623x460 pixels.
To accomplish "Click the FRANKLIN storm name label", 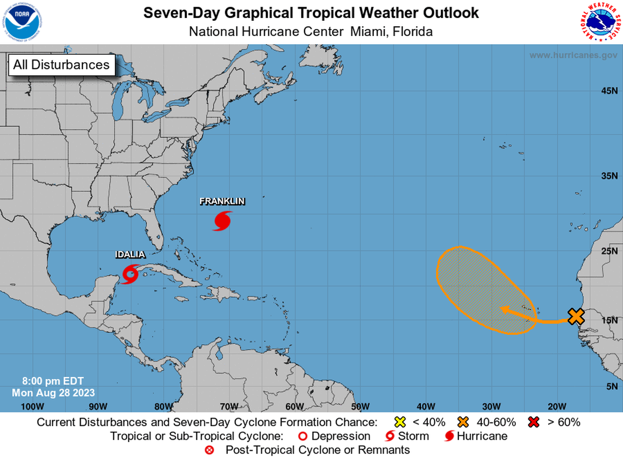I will point(222,202).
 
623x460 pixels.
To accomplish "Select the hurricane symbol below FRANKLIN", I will point(222,220).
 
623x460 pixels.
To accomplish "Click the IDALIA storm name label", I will point(130,255).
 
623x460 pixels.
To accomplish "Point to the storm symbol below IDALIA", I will point(130,273).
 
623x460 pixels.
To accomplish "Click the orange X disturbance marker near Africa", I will point(576,316).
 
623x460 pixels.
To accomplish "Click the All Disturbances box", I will point(61,64).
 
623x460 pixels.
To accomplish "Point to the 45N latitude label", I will point(609,91).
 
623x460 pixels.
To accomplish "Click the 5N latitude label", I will point(612,386).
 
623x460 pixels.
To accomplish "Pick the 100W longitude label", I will point(32,406).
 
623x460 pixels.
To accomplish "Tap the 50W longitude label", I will point(360,406).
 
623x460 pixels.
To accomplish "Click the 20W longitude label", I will point(556,406).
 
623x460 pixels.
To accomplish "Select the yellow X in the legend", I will point(400,422).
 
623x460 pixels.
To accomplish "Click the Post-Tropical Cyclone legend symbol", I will point(209,451).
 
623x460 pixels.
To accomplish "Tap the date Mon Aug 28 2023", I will point(53,393).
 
